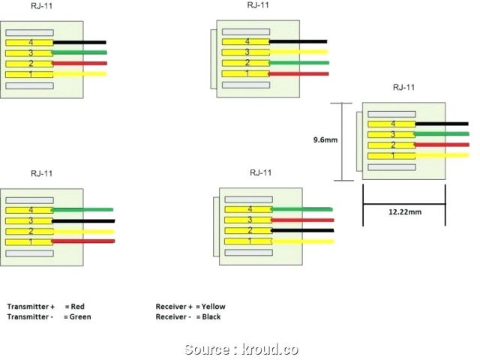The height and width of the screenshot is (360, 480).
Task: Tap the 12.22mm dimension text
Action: [405, 212]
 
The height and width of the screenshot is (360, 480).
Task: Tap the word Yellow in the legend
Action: [213, 307]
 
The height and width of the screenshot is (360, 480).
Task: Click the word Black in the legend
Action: [211, 317]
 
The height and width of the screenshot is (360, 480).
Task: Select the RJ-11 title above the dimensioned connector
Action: [403, 88]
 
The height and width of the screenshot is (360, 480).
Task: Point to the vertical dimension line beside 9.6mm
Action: [343, 140]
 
